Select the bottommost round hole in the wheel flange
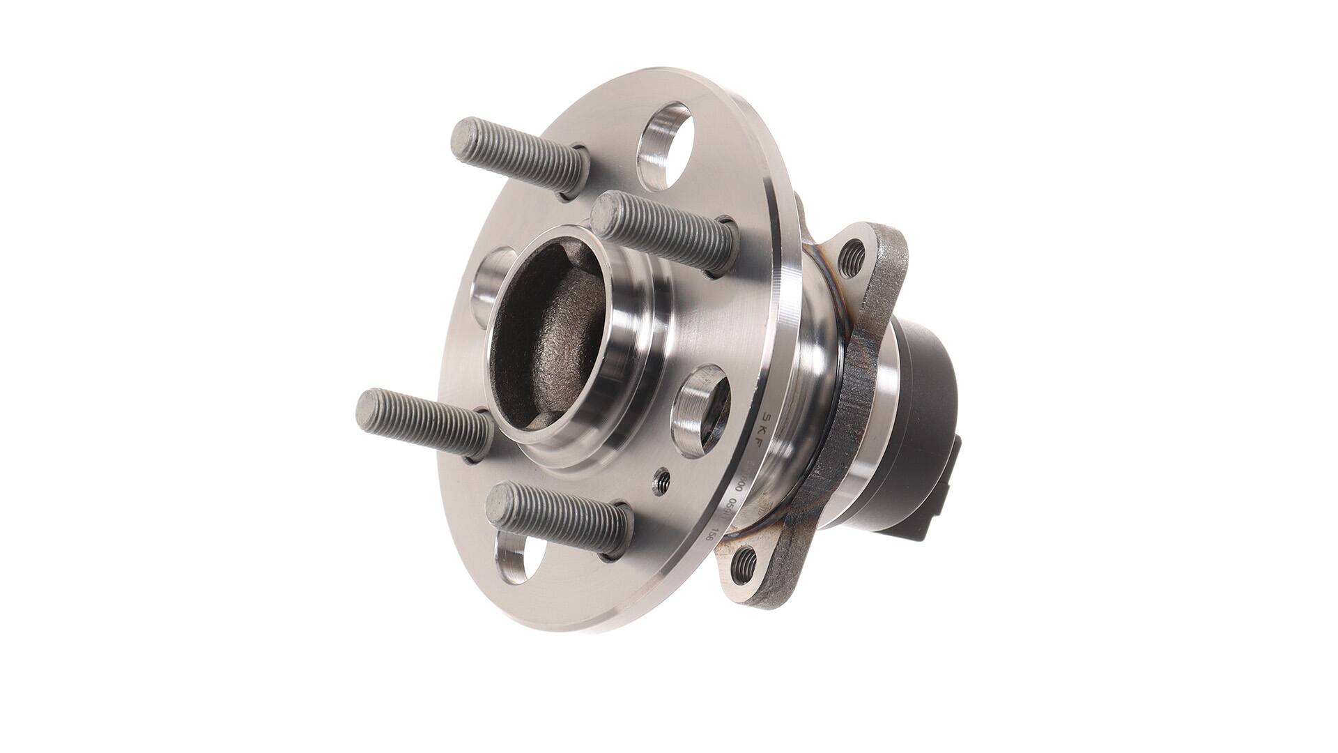pyautogui.click(x=518, y=563)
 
